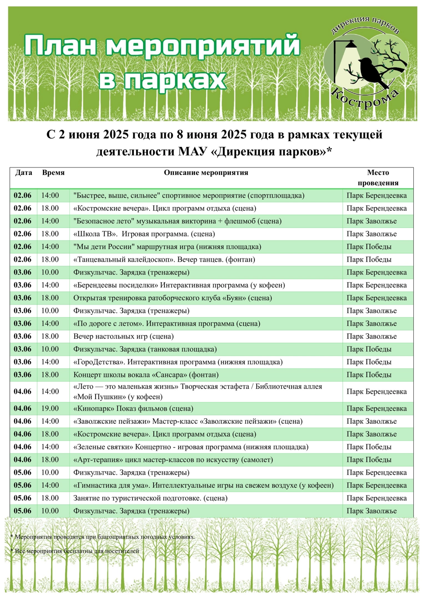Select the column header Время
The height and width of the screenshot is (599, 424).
coord(53,173)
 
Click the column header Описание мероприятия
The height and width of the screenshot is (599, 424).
coord(206,173)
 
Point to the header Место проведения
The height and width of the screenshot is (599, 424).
coord(378,178)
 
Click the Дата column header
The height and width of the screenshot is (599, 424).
coord(23,173)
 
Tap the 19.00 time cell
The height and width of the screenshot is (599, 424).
coord(50,409)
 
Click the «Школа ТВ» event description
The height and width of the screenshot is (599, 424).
coord(144,234)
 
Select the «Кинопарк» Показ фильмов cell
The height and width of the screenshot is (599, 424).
coord(133,409)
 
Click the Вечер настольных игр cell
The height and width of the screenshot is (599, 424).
coord(123,337)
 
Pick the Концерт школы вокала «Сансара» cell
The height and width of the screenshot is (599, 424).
coord(146,375)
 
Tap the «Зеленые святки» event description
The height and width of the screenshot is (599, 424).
coord(191,447)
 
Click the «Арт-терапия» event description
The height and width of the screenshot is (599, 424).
coord(173,460)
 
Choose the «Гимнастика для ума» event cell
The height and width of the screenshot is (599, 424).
coord(203,485)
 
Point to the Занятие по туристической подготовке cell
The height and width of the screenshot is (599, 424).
coord(150,498)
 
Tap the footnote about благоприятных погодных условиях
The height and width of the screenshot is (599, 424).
coord(103,537)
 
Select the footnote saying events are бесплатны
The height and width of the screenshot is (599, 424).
coord(75,551)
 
